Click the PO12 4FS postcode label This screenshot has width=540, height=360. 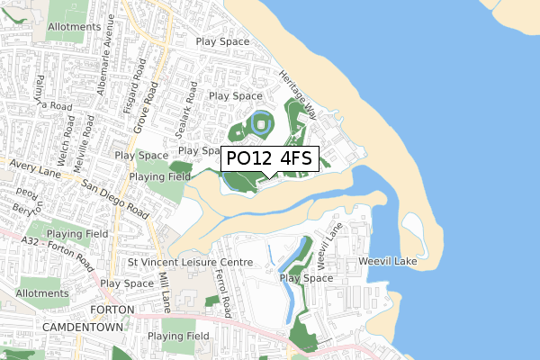(269, 158)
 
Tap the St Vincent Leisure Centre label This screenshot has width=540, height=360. (191, 263)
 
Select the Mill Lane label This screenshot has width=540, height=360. (165, 292)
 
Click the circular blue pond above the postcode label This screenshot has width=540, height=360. (260, 123)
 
